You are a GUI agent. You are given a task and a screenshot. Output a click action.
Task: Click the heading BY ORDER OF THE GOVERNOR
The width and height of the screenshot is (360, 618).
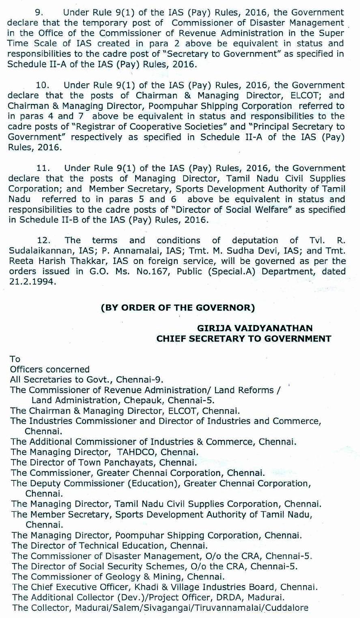click(178, 308)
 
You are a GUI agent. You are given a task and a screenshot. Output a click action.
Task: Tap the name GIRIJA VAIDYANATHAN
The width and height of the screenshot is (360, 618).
click(255, 328)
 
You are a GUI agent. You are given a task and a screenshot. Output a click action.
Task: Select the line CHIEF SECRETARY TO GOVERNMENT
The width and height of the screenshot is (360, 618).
click(244, 338)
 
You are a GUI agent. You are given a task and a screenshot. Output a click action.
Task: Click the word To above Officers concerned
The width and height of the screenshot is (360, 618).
click(15, 359)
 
